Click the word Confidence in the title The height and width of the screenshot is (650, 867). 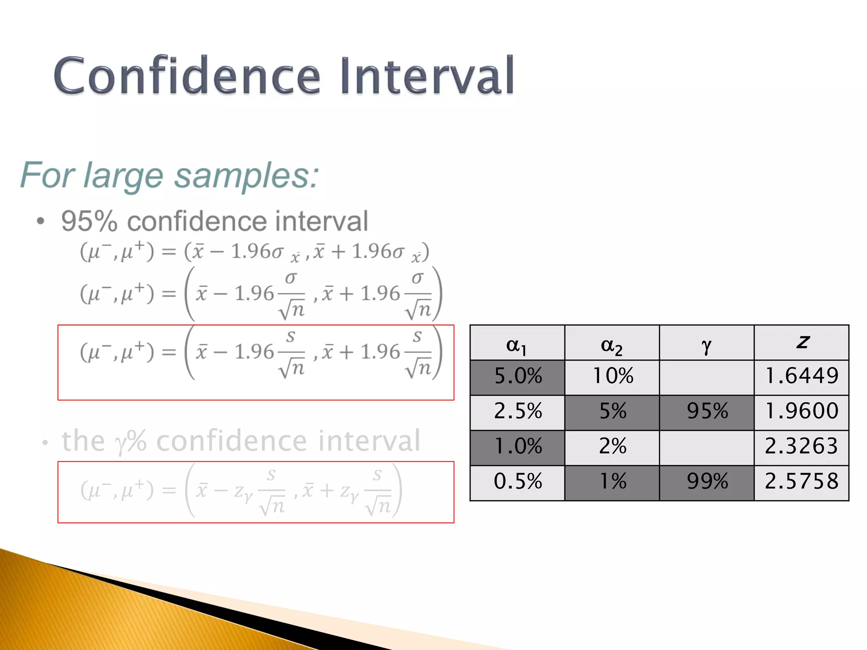pyautogui.click(x=186, y=76)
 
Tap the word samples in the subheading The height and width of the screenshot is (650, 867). pyautogui.click(x=241, y=176)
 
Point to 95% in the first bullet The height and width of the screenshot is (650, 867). pyautogui.click(x=89, y=221)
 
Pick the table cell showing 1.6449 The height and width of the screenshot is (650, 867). pyautogui.click(x=801, y=376)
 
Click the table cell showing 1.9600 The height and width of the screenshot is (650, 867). pyautogui.click(x=801, y=411)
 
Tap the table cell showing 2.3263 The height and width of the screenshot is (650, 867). pyautogui.click(x=801, y=446)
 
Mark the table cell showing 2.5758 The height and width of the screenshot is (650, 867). pyautogui.click(x=801, y=482)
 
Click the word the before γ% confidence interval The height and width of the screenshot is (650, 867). pyautogui.click(x=83, y=441)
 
